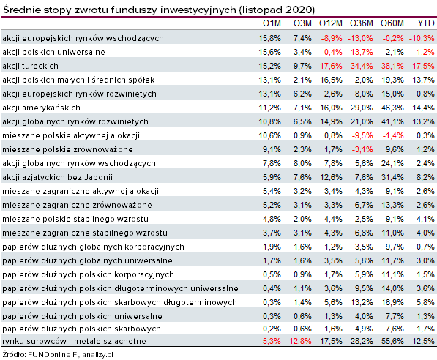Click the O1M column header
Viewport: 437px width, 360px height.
click(x=272, y=23)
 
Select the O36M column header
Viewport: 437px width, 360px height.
click(x=362, y=23)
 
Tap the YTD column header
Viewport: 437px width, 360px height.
click(x=426, y=23)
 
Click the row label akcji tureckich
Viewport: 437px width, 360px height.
click(x=31, y=66)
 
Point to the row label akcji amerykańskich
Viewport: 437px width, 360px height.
click(x=41, y=108)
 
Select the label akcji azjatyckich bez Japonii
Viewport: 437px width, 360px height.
click(x=57, y=177)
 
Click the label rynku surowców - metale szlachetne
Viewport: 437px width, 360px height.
click(x=74, y=341)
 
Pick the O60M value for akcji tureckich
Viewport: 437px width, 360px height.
click(x=391, y=66)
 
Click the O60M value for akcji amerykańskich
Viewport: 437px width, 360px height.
click(x=392, y=108)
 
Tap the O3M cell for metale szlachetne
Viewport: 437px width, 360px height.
click(x=299, y=341)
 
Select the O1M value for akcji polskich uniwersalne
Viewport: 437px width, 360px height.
click(x=269, y=52)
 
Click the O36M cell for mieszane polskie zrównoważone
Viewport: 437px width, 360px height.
click(x=362, y=149)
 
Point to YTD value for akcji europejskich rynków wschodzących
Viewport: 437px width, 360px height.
click(x=422, y=38)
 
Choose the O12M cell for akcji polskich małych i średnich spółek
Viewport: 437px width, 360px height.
click(x=331, y=80)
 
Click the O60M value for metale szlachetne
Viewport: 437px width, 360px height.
click(x=392, y=341)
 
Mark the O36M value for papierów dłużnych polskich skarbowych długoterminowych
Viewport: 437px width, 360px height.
click(x=362, y=302)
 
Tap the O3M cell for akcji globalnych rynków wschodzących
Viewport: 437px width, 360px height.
click(x=302, y=163)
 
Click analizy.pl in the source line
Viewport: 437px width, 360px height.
click(x=97, y=355)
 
